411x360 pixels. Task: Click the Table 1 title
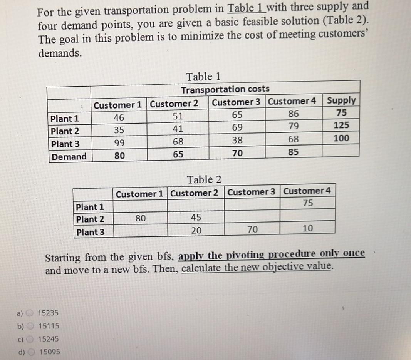coord(203,76)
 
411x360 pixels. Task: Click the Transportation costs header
coord(225,89)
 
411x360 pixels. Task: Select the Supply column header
coord(341,100)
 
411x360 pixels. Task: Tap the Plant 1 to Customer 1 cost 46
coord(119,117)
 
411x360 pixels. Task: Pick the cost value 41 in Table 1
coord(178,130)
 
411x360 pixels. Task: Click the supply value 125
coord(342,125)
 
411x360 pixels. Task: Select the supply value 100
coord(342,138)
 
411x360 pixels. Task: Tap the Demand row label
coord(69,157)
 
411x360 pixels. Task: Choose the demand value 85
coord(293,152)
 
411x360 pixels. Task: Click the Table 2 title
coord(204,179)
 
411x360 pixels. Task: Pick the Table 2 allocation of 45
coord(196,218)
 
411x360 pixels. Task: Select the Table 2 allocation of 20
coord(196,230)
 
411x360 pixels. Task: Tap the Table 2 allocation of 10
coord(308,229)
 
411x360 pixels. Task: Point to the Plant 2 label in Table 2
coord(90,219)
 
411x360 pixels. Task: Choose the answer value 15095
coord(50,352)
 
